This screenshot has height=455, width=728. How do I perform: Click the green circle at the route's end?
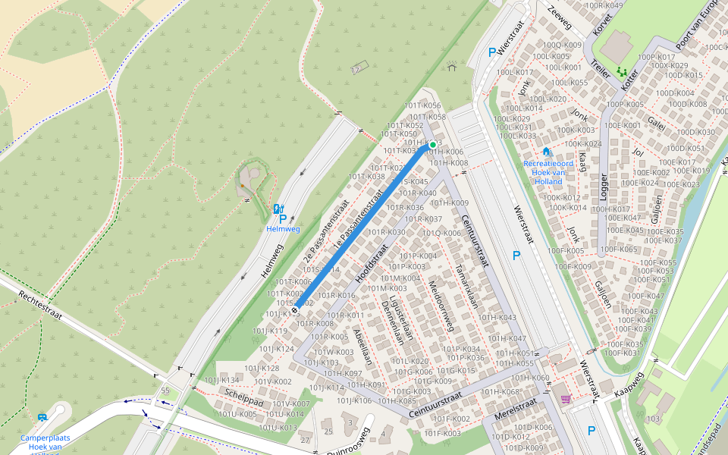click(433, 144)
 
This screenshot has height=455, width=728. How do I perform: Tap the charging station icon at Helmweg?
click(278, 209)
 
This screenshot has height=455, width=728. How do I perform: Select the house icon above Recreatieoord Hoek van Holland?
click(546, 152)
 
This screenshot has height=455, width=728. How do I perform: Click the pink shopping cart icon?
click(566, 399)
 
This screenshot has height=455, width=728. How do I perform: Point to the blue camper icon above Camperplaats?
click(42, 417)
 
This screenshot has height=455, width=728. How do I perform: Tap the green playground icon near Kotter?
click(622, 72)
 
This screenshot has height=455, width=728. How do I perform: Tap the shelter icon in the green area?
click(452, 67)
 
